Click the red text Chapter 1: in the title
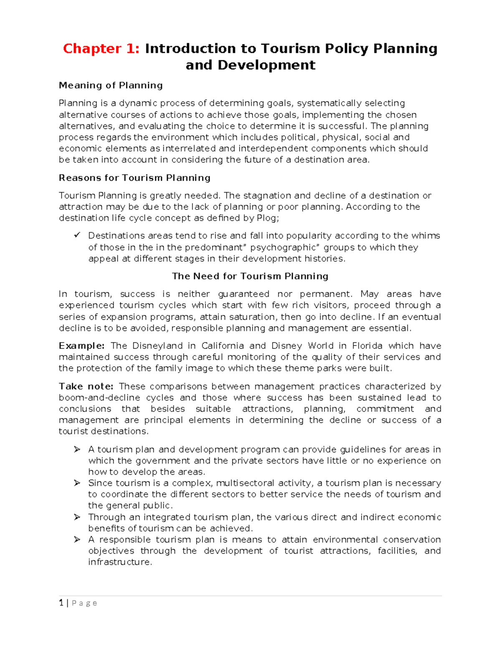(101, 49)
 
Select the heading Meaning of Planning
(111, 86)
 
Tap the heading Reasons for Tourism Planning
(134, 178)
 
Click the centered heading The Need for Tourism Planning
(250, 276)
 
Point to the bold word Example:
(82, 346)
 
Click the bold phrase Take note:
(86, 386)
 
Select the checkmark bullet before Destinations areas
(77, 235)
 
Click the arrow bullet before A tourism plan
(77, 449)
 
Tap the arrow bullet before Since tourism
(77, 483)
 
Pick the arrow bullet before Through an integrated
(77, 517)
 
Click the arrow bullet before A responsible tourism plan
(77, 540)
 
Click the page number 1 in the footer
(61, 603)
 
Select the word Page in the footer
(84, 603)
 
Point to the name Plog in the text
(266, 218)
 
